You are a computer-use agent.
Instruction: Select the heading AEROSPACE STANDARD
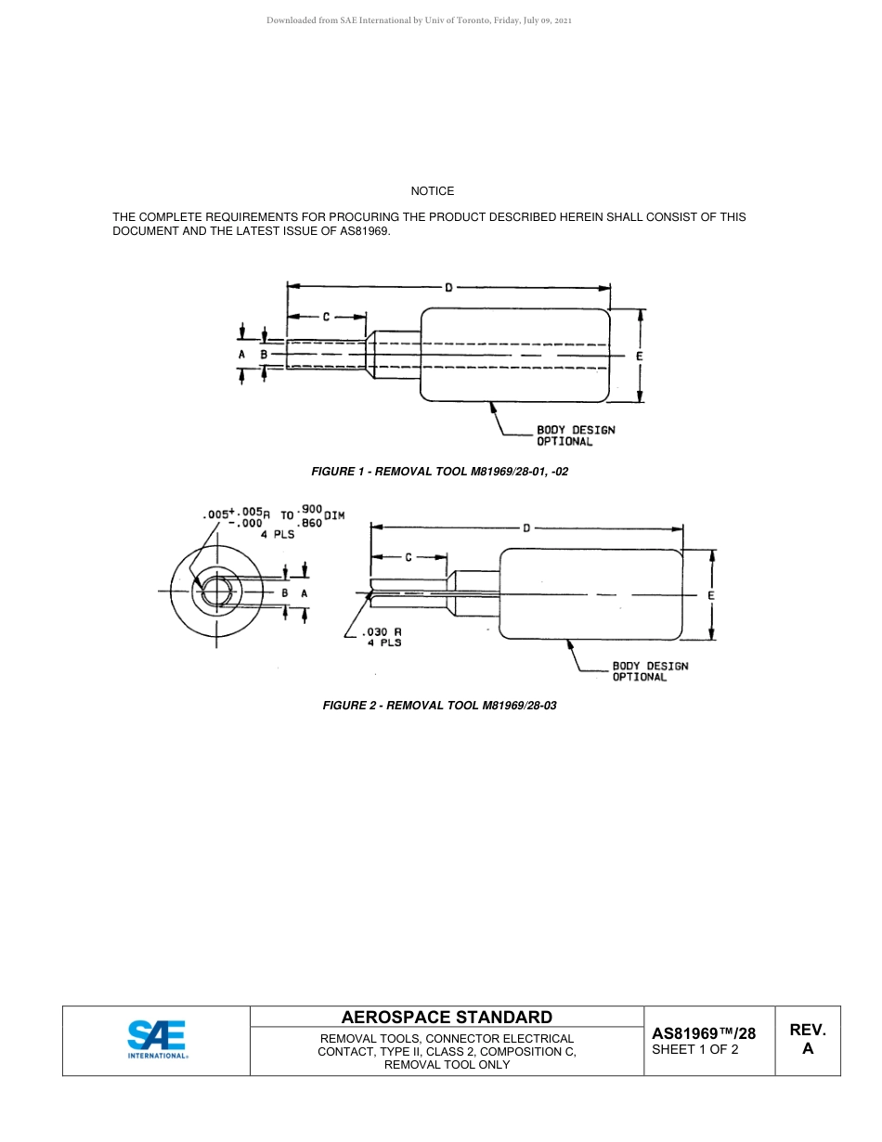point(447,1017)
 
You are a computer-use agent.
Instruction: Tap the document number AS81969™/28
point(704,1032)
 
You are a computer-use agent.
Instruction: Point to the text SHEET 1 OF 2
point(695,1050)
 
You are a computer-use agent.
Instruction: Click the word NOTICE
point(433,191)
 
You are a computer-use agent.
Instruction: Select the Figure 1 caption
point(439,472)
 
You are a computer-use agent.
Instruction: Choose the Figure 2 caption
point(439,706)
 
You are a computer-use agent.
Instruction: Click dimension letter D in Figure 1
point(448,288)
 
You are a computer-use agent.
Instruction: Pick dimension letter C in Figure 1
point(326,318)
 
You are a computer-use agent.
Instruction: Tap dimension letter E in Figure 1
point(640,356)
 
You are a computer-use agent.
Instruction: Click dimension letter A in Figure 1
point(241,356)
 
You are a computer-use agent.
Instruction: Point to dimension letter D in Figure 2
point(526,528)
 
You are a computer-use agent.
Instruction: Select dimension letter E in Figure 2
point(711,594)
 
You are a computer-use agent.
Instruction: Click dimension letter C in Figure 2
point(409,557)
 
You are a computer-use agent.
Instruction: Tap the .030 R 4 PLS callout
point(381,637)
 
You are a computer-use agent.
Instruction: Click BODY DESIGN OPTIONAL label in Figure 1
point(576,435)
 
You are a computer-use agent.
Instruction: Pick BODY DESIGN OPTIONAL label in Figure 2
point(650,671)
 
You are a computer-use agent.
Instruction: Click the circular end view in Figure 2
point(216,591)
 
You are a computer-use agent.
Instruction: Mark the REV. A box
point(807,1040)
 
